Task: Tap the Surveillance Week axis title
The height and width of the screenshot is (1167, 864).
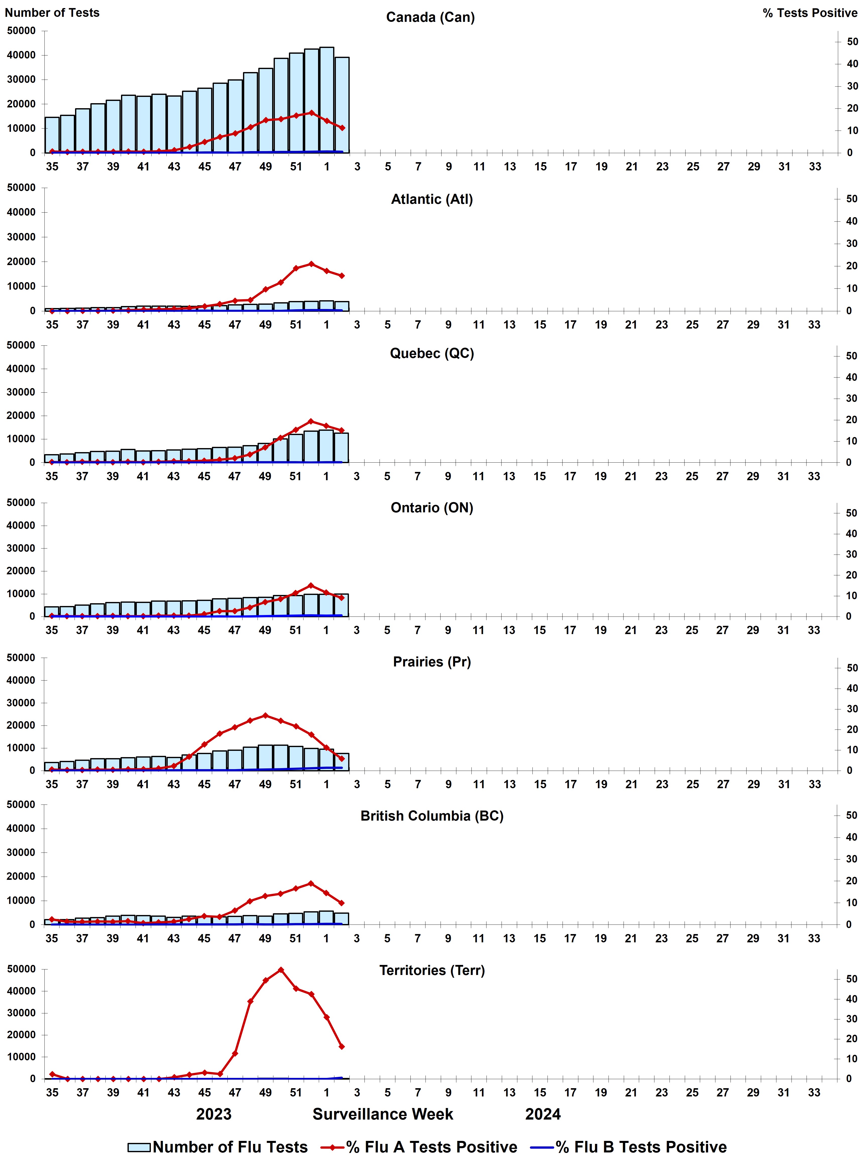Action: point(383,1114)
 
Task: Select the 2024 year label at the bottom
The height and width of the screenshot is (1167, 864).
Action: point(543,1114)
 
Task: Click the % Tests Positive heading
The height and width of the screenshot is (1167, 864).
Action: point(810,13)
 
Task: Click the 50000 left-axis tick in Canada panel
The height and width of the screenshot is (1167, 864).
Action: point(21,31)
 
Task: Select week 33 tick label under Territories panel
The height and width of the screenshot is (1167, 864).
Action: point(814,1093)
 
